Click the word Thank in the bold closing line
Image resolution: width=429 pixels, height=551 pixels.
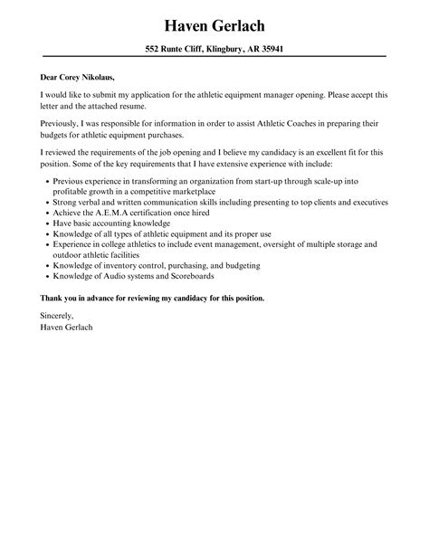(54, 298)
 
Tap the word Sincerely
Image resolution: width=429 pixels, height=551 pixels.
(60, 316)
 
